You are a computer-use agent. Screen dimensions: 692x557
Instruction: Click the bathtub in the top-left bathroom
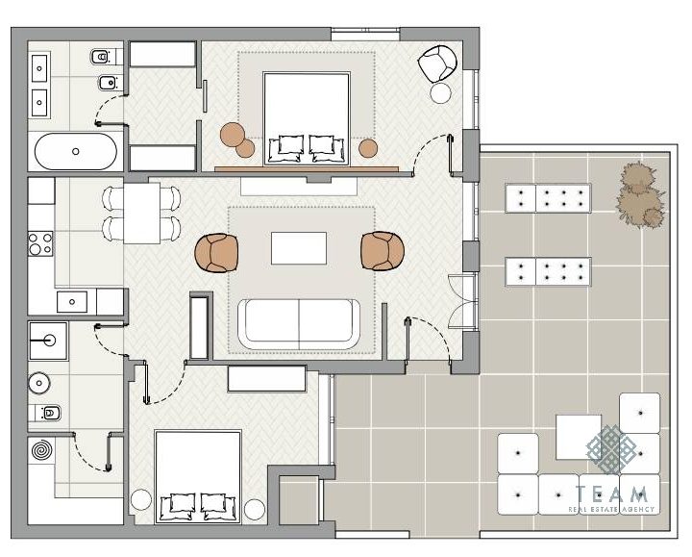pos(76,151)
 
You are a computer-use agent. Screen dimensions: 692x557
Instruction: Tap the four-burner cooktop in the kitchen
pos(40,243)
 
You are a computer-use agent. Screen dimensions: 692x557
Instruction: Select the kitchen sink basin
pos(72,302)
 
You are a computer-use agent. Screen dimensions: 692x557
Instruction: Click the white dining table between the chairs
pos(141,214)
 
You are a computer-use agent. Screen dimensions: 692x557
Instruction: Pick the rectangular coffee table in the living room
pos(299,248)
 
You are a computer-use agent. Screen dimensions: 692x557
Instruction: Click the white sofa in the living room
pos(299,324)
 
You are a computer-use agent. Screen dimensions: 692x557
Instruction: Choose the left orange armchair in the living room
pos(216,253)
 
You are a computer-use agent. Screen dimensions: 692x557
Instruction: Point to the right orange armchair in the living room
pos(383,251)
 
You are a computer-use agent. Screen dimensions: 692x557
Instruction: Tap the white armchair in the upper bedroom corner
pos(437,63)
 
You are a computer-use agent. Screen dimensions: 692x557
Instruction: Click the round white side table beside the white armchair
pos(441,93)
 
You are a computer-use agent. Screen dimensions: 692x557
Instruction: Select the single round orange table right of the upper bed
pos(367,148)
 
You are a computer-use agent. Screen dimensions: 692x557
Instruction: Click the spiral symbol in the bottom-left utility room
pos(41,450)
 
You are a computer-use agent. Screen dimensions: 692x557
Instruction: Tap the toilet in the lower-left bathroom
pos(48,413)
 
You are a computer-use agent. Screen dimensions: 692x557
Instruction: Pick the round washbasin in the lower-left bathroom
pos(39,383)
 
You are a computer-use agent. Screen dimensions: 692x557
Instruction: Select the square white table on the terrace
pos(579,437)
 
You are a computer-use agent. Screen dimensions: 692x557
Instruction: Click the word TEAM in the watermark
pos(611,494)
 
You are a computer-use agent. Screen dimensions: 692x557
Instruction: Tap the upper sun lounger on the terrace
pos(548,198)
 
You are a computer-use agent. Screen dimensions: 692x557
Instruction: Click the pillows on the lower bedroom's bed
pos(198,507)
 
